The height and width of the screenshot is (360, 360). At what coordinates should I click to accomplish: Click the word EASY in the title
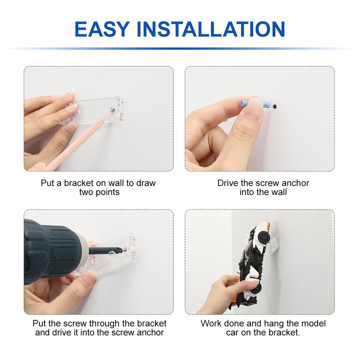(102, 29)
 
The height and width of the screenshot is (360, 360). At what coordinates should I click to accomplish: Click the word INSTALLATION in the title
(211, 29)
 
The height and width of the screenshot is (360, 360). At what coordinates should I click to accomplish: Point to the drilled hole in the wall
(275, 107)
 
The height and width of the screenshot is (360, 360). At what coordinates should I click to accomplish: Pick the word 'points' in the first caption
(107, 192)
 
